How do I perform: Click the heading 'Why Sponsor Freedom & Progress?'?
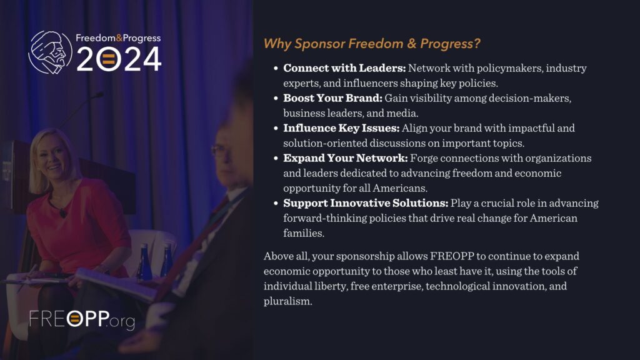(372, 44)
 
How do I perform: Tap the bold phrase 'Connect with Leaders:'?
(344, 68)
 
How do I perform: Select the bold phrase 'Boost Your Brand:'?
(332, 98)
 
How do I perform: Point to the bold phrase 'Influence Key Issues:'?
(341, 129)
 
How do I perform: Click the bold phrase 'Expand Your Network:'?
(345, 158)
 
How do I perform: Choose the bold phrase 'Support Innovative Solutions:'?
(366, 203)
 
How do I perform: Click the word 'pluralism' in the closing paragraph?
(287, 301)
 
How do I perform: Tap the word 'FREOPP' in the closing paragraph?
(452, 256)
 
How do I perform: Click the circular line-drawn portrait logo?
(50, 52)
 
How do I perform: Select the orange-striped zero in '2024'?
(108, 59)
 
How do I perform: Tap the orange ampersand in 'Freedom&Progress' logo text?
(119, 38)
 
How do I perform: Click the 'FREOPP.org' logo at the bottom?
(82, 319)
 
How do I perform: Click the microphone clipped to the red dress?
(63, 212)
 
